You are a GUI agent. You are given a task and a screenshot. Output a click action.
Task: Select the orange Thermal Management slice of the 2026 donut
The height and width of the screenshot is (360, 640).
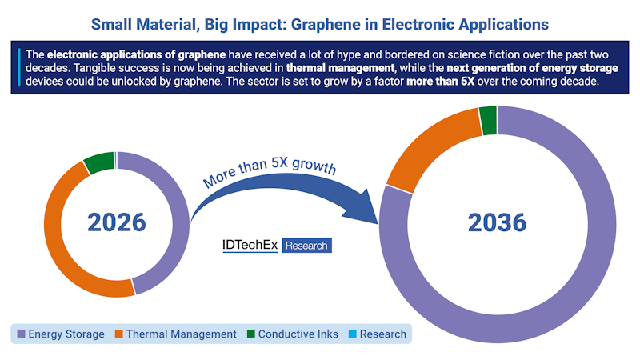[x=60, y=240]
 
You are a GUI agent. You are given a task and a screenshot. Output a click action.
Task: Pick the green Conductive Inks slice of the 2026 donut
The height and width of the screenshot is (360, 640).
[x=98, y=162]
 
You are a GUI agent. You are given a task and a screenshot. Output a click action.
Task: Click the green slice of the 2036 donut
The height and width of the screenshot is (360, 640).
[x=488, y=120]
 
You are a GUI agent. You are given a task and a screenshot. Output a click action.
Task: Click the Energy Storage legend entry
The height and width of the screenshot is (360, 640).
[x=66, y=334]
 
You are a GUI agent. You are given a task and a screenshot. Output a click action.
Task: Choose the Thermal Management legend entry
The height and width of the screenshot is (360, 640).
[x=181, y=334]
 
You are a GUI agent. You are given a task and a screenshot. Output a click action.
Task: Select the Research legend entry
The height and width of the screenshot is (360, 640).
[x=382, y=334]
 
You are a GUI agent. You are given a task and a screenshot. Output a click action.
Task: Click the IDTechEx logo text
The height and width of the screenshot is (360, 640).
[x=250, y=246]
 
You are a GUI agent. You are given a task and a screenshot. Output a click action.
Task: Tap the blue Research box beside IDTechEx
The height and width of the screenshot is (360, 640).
[x=306, y=246]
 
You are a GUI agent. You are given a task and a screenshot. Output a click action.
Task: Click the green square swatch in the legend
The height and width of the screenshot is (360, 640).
[x=250, y=334]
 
